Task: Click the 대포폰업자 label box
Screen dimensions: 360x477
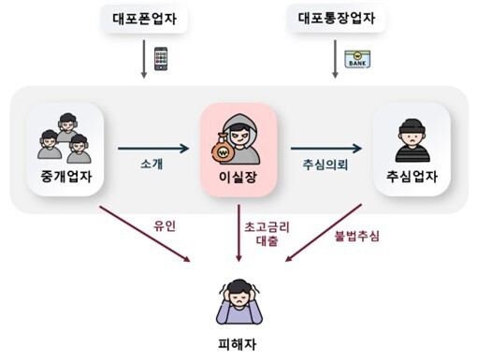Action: [x=144, y=20]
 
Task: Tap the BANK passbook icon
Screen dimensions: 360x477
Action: [x=356, y=59]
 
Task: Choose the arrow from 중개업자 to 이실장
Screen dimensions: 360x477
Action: [x=154, y=148]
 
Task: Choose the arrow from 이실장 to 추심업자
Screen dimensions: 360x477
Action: [x=325, y=148]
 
